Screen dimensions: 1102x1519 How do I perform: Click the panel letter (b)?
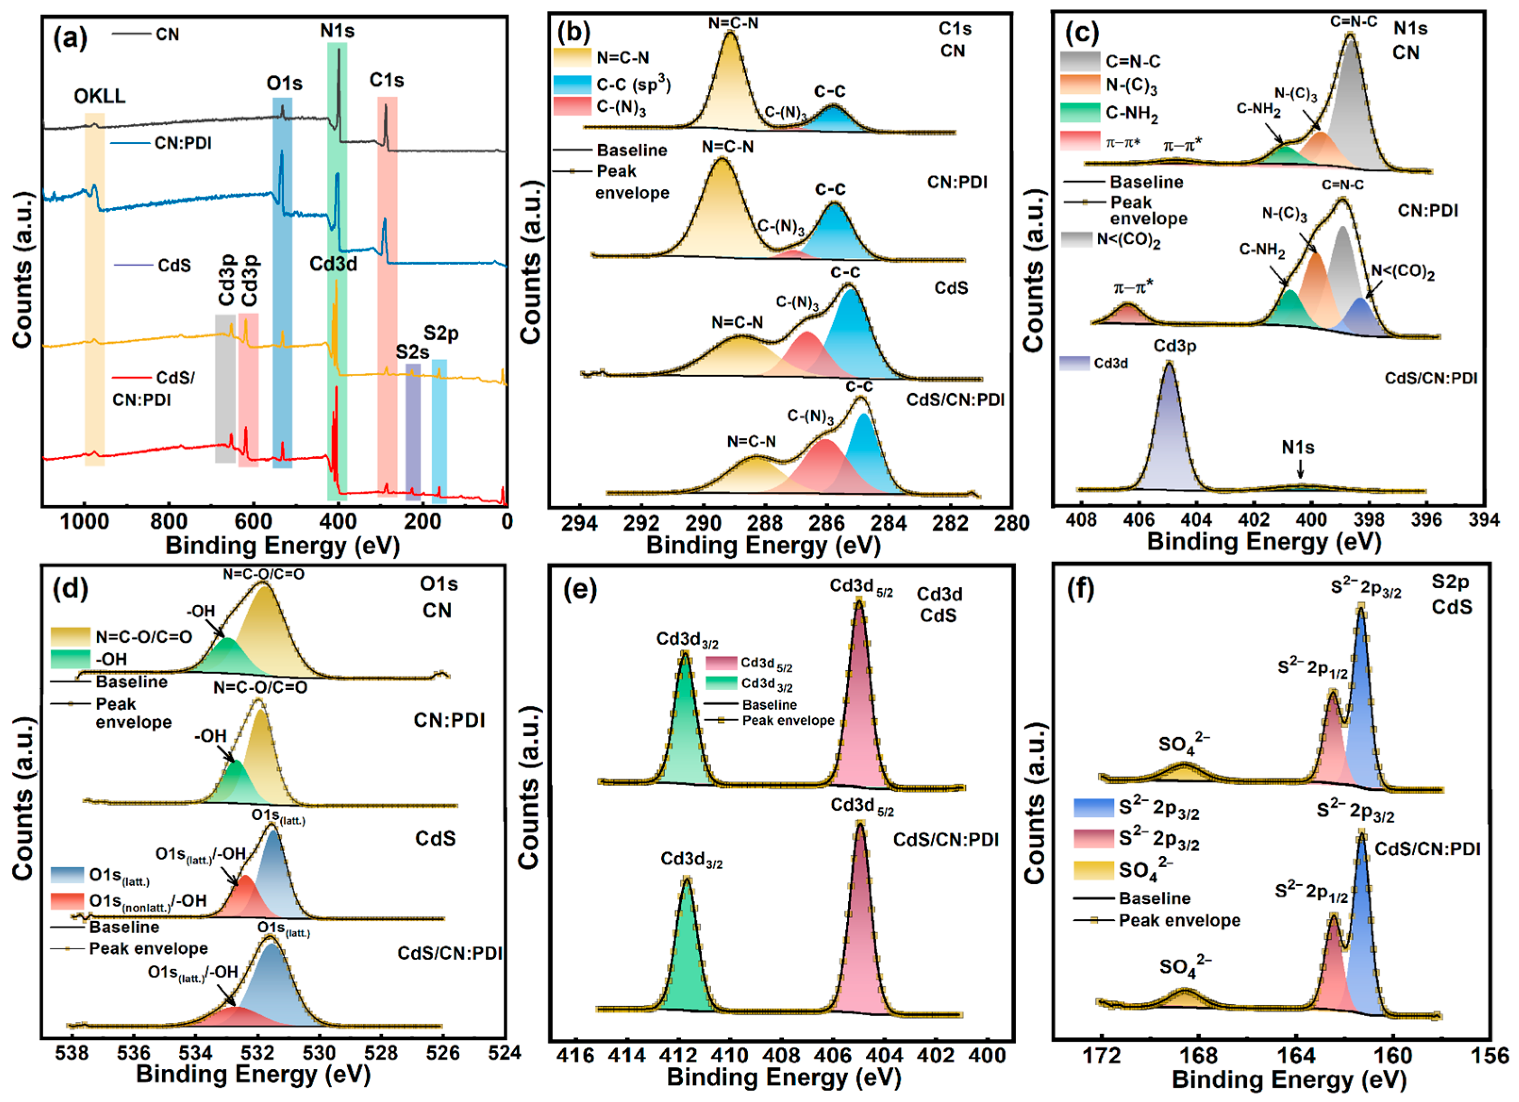click(x=574, y=32)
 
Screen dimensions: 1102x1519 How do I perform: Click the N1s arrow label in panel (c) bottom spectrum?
click(x=1297, y=447)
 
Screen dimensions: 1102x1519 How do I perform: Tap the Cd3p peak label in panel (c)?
click(x=1174, y=346)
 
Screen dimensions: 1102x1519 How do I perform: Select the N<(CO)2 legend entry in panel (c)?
click(x=1128, y=240)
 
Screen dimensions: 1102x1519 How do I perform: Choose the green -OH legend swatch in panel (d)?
click(x=70, y=659)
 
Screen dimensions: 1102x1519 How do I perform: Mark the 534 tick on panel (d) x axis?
click(x=195, y=1053)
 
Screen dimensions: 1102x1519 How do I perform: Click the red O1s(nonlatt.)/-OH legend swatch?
click(x=70, y=900)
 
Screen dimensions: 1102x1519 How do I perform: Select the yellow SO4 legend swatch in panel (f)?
click(x=1093, y=870)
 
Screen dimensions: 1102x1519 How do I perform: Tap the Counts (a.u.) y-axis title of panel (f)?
click(x=1035, y=803)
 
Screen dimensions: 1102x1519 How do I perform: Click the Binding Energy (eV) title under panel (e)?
click(x=784, y=1077)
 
